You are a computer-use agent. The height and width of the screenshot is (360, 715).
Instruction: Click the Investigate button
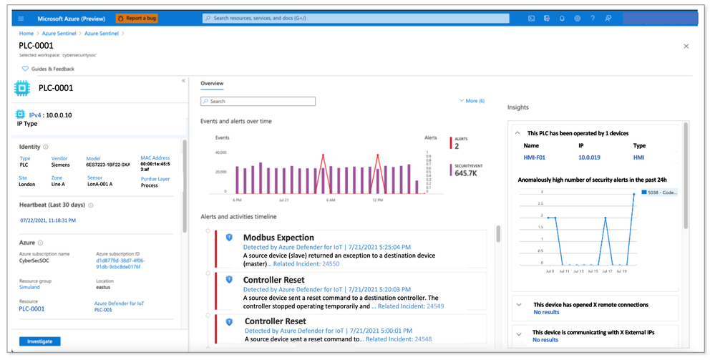click(x=40, y=341)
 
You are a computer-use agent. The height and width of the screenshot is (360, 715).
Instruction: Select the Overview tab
click(x=212, y=84)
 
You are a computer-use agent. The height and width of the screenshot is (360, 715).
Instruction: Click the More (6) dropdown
click(x=472, y=101)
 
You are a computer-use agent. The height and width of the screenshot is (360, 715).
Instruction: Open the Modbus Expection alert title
click(x=278, y=238)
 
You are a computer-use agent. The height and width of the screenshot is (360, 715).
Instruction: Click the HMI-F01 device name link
click(x=535, y=157)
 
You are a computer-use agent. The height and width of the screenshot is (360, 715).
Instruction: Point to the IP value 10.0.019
click(x=589, y=157)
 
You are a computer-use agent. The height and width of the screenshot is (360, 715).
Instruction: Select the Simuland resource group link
click(x=30, y=287)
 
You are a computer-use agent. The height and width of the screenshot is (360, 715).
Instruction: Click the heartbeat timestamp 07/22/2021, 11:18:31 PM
click(x=47, y=220)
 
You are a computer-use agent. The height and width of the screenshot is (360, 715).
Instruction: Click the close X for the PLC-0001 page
click(x=686, y=46)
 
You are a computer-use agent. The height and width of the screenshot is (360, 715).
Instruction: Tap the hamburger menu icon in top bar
click(x=21, y=19)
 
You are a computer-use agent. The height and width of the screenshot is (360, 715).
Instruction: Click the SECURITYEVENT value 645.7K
click(x=467, y=173)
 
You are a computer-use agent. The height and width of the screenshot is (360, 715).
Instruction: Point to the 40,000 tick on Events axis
click(x=220, y=152)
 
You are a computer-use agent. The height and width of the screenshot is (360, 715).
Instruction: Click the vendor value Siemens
click(x=60, y=165)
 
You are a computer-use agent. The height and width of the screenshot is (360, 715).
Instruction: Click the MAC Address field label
click(x=155, y=158)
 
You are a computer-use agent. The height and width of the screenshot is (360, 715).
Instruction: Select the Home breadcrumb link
click(x=26, y=34)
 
